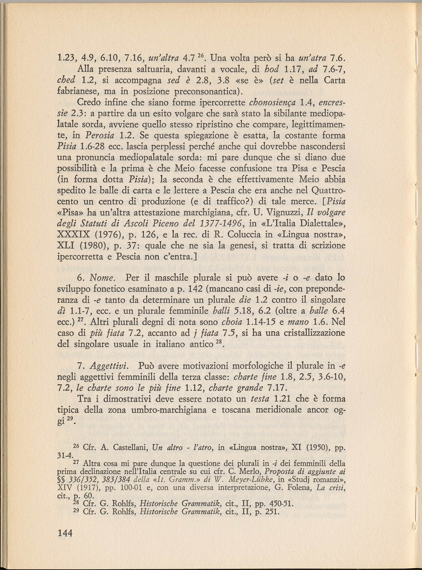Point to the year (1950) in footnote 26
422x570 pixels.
pos(309,446)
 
